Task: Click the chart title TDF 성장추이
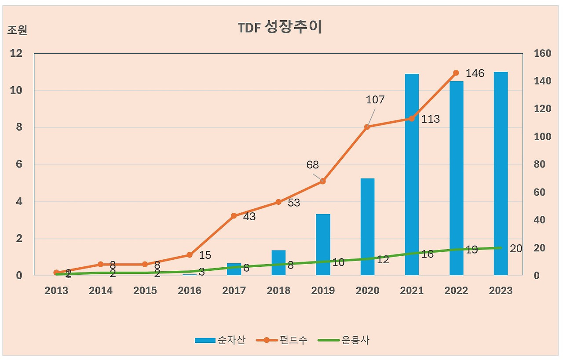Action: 280,27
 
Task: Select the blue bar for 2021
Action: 412,176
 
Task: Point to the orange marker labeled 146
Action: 456,73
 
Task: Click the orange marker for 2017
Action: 234,216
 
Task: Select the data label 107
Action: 375,100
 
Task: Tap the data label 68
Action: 313,165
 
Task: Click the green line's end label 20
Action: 516,249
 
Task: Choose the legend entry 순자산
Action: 220,340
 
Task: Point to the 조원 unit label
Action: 17,30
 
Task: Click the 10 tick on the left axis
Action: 16,91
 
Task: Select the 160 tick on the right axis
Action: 542,54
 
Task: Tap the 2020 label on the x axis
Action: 367,291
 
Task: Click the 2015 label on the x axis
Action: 145,291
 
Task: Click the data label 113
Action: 430,119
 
